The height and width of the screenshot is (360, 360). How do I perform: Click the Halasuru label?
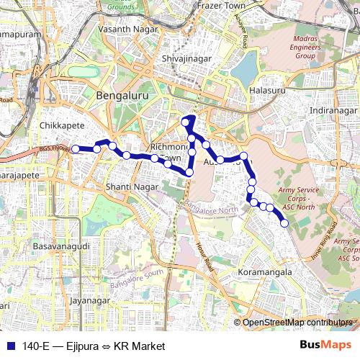267,91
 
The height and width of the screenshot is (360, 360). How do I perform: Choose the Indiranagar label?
333,110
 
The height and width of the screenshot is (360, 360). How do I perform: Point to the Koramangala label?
265,273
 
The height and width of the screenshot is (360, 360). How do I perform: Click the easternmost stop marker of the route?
284,223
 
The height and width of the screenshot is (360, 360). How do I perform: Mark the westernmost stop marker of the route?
76,149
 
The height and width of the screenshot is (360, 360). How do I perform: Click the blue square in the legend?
9,346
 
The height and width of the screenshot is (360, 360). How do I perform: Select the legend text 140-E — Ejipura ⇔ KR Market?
94,346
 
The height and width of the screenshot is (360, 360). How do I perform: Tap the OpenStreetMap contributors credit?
297,323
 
